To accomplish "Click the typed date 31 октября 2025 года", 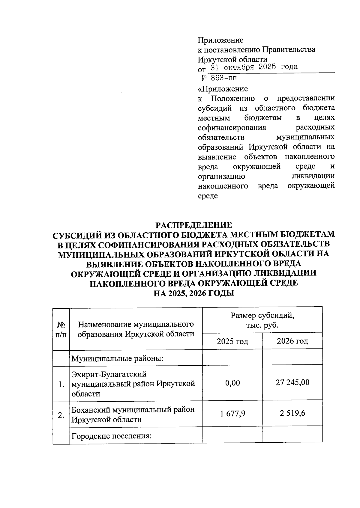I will (x=254, y=67).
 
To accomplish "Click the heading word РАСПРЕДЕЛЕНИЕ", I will (x=193, y=225).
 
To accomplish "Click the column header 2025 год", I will (x=232, y=341).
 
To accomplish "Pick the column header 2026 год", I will (x=292, y=341).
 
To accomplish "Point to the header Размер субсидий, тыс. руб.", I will (x=262, y=320).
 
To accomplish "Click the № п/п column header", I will (x=61, y=329).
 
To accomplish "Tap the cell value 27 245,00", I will (x=292, y=382).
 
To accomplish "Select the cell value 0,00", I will (x=232, y=383).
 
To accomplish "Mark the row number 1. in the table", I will (x=61, y=384).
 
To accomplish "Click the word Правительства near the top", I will (x=289, y=49).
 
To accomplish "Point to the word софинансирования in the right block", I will (x=232, y=128).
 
